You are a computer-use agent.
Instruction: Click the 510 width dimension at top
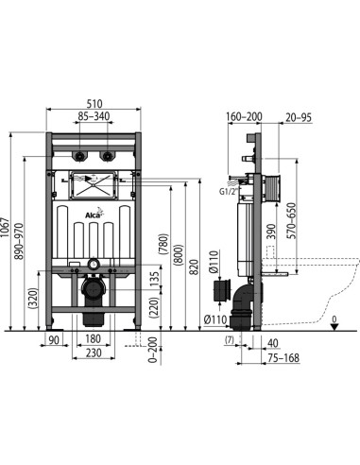(x=94, y=104)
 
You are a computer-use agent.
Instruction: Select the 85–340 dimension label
(x=94, y=116)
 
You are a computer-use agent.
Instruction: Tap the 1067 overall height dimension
(x=5, y=229)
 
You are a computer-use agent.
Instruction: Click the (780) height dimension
(x=163, y=244)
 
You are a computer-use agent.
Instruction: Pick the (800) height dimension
(x=179, y=254)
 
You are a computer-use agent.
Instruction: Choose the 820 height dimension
(x=196, y=267)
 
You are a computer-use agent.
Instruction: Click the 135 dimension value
(x=155, y=278)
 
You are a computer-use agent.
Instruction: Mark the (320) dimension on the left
(x=33, y=298)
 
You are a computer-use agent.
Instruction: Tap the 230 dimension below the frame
(x=94, y=353)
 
